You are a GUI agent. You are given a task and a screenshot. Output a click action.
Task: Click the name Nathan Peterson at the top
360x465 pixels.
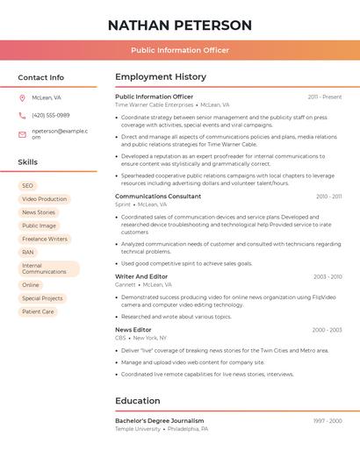coord(180,25)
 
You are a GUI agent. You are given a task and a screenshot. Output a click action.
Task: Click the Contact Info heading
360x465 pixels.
coord(40,77)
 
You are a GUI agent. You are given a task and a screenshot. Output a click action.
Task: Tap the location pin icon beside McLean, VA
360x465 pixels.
coord(22,97)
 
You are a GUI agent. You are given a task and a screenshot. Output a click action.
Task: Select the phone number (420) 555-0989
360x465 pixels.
coord(50,115)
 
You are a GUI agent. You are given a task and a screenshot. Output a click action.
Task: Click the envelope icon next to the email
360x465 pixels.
coord(22,134)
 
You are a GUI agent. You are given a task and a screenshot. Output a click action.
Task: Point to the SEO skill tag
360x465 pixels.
coord(27,186)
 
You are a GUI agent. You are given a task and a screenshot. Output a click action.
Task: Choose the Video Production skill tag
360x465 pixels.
coord(44,199)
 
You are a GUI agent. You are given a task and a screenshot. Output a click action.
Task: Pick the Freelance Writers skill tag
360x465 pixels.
coord(44,239)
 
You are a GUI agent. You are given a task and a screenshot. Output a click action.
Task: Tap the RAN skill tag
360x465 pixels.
coord(28,252)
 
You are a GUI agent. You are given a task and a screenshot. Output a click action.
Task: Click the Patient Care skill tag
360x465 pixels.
coord(38,311)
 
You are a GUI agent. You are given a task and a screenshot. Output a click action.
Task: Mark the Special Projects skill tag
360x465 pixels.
coord(42,298)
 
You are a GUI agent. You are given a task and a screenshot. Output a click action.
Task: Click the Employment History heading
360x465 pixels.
coord(161,77)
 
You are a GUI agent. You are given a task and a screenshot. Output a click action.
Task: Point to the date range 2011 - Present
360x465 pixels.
coord(324,97)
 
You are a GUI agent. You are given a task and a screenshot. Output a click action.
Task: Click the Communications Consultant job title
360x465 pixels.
coord(158,197)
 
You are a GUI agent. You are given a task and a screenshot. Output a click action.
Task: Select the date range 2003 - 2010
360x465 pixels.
coord(328,277)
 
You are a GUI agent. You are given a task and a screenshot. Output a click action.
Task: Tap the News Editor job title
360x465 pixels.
coord(133,330)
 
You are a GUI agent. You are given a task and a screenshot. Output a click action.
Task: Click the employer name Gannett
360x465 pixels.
coord(126,284)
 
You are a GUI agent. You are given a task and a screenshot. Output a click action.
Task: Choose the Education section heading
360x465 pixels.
coord(138,401)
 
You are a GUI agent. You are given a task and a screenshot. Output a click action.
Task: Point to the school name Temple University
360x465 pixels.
coord(138,429)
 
